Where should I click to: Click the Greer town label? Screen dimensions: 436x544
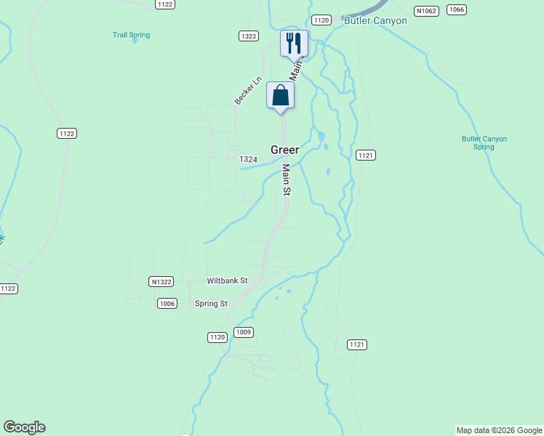[285, 150]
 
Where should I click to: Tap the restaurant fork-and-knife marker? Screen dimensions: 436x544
[294, 44]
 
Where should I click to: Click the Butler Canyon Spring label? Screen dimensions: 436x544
[484, 142]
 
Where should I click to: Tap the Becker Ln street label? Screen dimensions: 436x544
[247, 91]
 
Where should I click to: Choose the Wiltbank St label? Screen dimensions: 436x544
[228, 280]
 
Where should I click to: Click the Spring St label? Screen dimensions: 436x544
[211, 304]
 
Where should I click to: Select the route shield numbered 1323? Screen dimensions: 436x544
[249, 36]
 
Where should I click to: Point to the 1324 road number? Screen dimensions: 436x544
[248, 159]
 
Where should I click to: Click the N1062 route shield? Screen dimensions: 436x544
[425, 11]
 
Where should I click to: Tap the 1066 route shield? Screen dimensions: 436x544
[457, 9]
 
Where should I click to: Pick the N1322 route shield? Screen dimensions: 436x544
[160, 281]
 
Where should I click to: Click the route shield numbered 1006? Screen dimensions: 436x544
[167, 304]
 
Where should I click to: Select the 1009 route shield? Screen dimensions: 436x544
[244, 332]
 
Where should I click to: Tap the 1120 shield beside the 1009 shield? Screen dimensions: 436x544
[217, 337]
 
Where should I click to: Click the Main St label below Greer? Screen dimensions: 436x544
[287, 179]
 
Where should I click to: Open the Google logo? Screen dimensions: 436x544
[24, 427]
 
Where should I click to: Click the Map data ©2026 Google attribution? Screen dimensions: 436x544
[499, 430]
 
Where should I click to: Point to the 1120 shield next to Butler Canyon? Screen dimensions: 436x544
[322, 20]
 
